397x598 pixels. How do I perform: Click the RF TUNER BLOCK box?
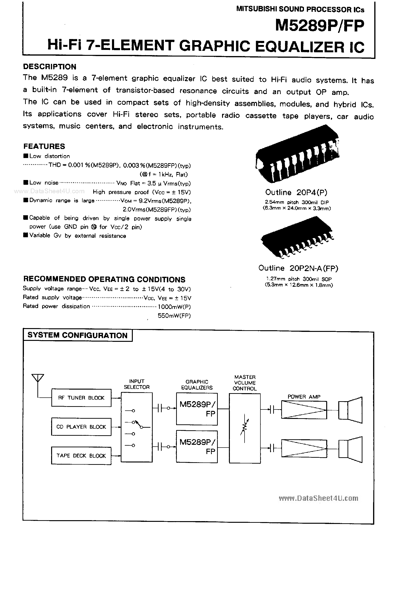81,398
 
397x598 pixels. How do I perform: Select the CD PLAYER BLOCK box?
81,427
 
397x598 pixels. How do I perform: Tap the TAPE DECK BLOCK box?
81,456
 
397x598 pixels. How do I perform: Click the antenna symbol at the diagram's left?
38,378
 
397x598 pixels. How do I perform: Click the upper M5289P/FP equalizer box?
197,409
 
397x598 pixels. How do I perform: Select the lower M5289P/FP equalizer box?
197,446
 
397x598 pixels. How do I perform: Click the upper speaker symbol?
350,410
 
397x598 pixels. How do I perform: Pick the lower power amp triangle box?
304,448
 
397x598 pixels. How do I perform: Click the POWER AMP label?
304,397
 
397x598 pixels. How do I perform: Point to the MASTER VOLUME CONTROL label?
245,383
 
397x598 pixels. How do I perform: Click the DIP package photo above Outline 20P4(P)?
298,154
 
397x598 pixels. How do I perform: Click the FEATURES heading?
44,146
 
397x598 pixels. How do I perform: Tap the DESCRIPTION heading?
50,67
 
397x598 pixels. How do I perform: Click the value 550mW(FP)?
174,316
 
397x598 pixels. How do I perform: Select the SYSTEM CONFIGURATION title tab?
77,335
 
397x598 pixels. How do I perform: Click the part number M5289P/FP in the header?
320,26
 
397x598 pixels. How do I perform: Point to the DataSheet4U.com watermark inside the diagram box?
318,498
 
